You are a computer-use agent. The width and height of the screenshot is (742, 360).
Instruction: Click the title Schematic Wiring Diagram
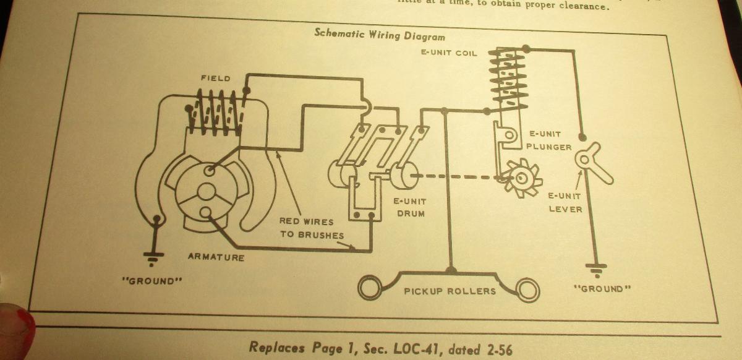tap(379, 34)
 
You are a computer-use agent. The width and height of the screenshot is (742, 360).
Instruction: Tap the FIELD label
tap(215, 79)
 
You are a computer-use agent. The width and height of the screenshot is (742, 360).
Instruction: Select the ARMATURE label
tap(216, 257)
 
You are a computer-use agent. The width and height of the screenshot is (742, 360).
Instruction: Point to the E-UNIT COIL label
tap(449, 53)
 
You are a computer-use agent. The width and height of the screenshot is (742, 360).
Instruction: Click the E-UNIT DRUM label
tap(410, 207)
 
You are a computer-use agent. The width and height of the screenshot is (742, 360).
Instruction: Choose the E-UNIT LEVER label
tap(565, 202)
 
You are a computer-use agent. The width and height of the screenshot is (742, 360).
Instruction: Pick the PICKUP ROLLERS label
tap(450, 291)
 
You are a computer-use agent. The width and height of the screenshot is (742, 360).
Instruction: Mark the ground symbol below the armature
tap(152, 255)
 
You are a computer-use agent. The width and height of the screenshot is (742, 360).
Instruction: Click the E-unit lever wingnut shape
tap(588, 160)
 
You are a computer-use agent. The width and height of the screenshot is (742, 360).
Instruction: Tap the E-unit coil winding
tap(508, 77)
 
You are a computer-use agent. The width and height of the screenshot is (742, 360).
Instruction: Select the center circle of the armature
tap(206, 191)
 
